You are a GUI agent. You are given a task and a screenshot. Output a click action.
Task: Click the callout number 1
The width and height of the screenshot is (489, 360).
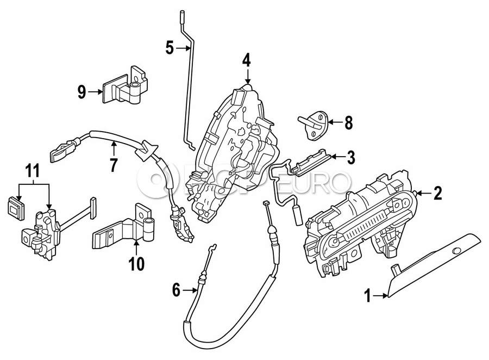368,295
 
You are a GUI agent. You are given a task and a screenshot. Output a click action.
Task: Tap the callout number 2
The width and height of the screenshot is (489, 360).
438,193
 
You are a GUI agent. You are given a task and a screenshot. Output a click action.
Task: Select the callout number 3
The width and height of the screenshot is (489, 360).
351,158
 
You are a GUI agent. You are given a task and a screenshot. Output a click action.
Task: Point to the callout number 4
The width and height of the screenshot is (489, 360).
246,60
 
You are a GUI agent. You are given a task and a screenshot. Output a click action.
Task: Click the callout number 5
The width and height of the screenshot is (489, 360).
170,48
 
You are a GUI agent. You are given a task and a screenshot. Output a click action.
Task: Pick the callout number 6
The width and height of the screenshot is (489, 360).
176,290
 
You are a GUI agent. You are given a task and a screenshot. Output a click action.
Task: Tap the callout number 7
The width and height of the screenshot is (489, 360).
114,165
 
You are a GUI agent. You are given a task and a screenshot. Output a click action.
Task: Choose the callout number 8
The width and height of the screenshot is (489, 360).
348,123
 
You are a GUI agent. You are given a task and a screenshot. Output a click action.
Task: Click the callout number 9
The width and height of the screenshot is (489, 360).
81,92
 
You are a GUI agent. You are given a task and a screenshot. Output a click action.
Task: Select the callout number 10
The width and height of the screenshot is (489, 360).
136,264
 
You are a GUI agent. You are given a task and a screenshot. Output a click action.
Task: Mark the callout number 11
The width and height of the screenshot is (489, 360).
33,171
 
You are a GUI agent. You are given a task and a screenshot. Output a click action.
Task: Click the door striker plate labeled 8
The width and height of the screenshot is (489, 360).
312,125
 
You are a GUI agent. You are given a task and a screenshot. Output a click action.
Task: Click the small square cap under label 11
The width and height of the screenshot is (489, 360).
16,208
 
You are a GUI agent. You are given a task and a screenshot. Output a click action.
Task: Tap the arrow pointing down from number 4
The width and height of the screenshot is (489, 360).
248,77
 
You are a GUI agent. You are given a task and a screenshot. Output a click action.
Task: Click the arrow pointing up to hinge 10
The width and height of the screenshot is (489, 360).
136,247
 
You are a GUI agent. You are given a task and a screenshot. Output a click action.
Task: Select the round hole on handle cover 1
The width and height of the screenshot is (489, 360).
457,250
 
